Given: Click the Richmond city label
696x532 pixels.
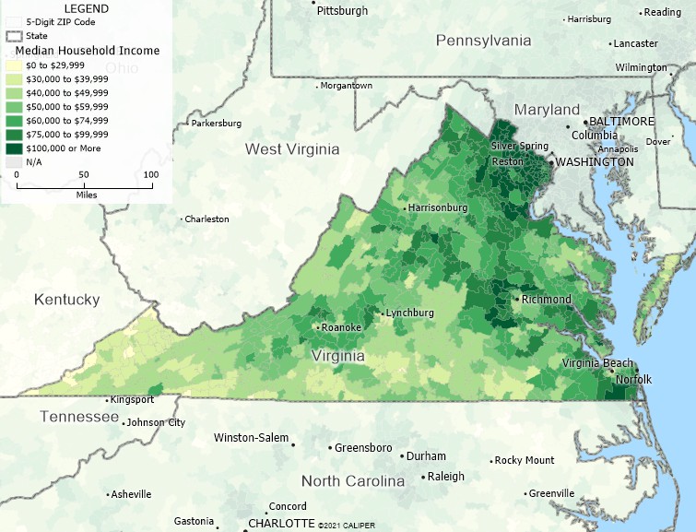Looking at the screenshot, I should click(546, 300).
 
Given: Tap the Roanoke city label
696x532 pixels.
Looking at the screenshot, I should click(341, 327).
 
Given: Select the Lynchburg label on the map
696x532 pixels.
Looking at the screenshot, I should click(410, 313).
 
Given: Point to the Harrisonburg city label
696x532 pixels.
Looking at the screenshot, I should click(438, 207).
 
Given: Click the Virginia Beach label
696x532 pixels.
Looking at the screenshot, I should click(597, 363).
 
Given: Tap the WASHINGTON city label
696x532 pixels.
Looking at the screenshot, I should click(594, 161).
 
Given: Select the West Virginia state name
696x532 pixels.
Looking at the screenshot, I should click(291, 148).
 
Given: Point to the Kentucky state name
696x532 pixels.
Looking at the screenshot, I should click(66, 300).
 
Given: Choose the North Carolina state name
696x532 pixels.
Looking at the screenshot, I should click(353, 481).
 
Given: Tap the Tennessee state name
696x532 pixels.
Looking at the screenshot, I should click(79, 417).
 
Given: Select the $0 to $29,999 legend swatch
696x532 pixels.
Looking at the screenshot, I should click(14, 65).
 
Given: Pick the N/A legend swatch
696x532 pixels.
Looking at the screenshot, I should click(14, 161).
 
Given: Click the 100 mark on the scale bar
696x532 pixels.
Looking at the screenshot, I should click(150, 174).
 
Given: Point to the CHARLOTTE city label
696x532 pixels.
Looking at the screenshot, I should click(281, 523).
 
